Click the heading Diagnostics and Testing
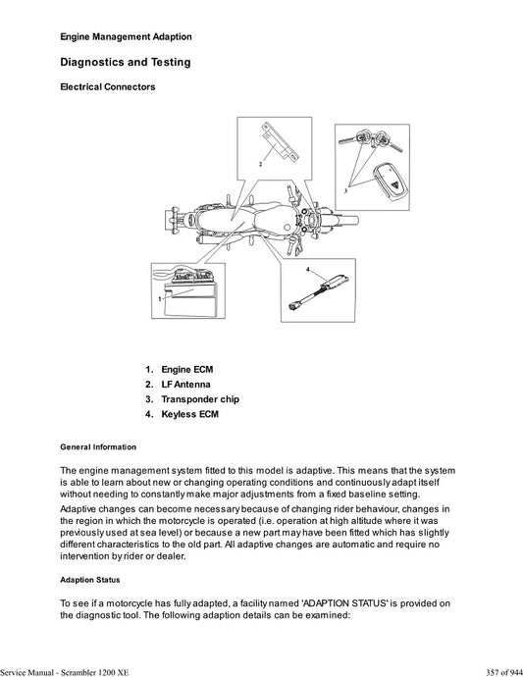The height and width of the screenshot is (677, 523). pyautogui.click(x=126, y=62)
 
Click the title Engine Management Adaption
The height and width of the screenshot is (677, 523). pyautogui.click(x=126, y=36)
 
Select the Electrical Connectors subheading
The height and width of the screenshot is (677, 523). pyautogui.click(x=107, y=87)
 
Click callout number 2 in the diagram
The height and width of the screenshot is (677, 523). pyautogui.click(x=260, y=165)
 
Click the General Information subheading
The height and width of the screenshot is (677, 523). pyautogui.click(x=98, y=446)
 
